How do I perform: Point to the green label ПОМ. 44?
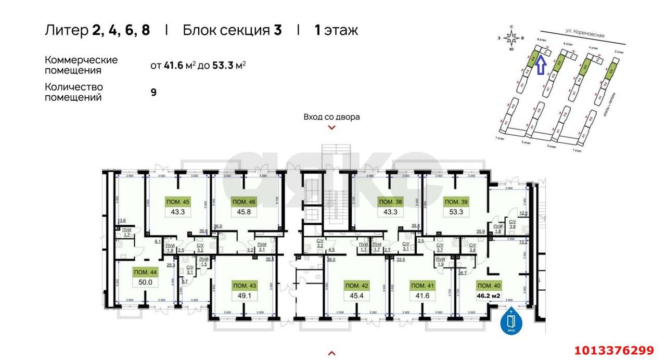click(145, 272)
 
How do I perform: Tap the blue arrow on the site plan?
click(541, 66)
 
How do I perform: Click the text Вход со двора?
click(331, 117)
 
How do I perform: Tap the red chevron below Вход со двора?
click(331, 127)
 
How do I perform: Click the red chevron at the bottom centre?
click(331, 353)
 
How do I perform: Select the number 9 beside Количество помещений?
click(153, 93)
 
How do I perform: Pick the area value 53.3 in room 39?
click(455, 212)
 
